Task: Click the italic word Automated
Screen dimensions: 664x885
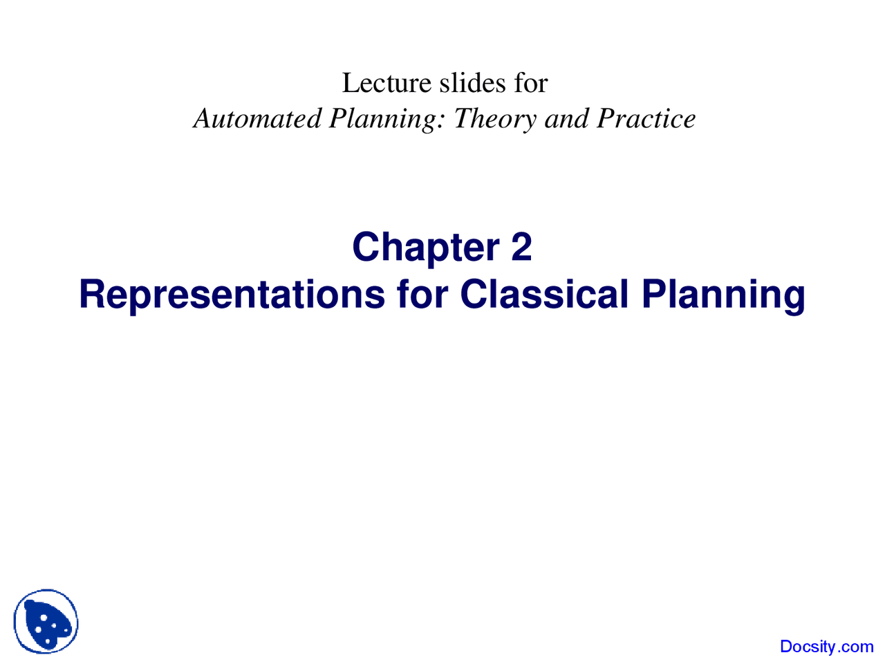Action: [257, 119]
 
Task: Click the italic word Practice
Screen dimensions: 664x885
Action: [646, 119]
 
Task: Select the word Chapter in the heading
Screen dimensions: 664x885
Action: [426, 248]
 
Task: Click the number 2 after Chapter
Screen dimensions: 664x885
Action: [522, 247]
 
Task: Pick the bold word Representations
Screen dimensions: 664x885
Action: [232, 294]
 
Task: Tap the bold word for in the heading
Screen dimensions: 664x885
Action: [422, 294]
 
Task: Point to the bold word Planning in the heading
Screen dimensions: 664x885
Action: [723, 295]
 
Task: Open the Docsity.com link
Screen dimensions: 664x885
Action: [826, 647]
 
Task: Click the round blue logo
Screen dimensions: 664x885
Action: [46, 622]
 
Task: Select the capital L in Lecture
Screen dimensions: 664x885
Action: [350, 84]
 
